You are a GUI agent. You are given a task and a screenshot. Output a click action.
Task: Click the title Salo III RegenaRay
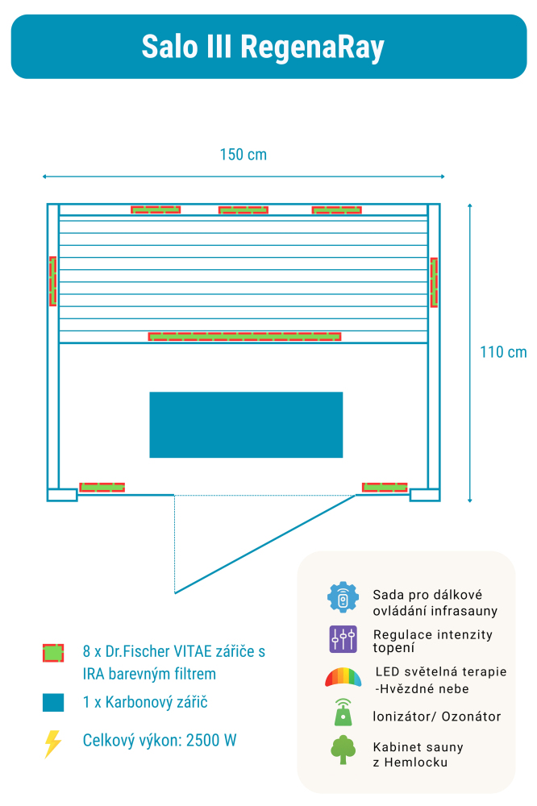click(x=263, y=47)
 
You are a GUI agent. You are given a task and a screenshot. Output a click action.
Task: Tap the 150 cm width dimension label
click(x=243, y=155)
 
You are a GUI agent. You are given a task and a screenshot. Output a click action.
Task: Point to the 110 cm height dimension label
click(x=503, y=352)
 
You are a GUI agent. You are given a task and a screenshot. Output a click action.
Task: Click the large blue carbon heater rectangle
click(x=246, y=425)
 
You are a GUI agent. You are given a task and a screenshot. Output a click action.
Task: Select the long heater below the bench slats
click(x=244, y=336)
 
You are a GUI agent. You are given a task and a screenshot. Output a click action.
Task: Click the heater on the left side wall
click(x=52, y=281)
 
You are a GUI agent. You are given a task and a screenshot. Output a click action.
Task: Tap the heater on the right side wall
click(x=434, y=282)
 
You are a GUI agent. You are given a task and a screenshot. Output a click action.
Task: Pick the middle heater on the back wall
click(x=244, y=210)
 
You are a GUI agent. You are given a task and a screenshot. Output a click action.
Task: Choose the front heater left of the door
click(x=102, y=487)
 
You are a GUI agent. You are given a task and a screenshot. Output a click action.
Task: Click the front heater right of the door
click(x=385, y=487)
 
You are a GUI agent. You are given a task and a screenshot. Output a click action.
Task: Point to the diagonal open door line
click(x=265, y=544)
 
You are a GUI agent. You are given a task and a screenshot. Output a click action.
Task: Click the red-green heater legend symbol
click(x=53, y=652)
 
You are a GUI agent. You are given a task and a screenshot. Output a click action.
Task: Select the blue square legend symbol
click(x=53, y=702)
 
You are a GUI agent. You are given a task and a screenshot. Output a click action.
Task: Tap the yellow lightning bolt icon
click(x=52, y=743)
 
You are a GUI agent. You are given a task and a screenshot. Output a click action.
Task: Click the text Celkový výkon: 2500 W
click(x=160, y=741)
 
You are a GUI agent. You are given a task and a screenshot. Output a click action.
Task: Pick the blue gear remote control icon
click(x=343, y=597)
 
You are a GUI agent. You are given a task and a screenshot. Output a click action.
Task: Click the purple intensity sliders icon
click(x=343, y=639)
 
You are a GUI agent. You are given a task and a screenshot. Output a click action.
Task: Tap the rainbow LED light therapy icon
click(x=343, y=677)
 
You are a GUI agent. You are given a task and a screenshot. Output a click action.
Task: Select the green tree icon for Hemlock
click(x=343, y=750)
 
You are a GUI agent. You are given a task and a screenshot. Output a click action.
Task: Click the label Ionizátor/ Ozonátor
click(x=437, y=717)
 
